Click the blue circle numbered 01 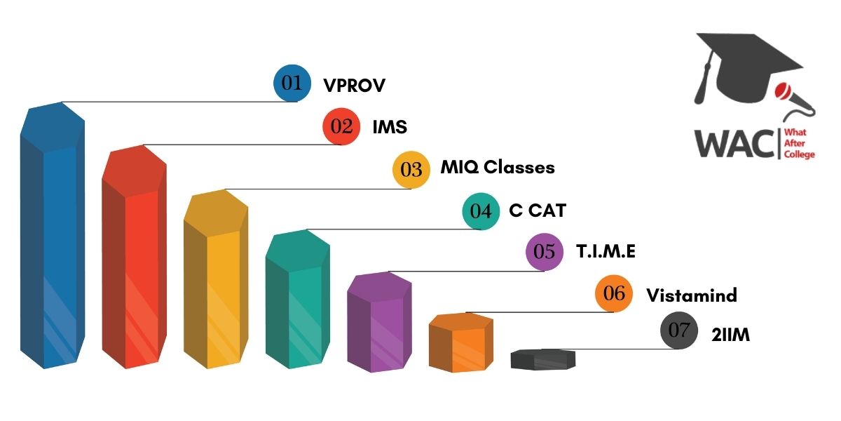click(292, 83)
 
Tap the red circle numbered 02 click(341, 126)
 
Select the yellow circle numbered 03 click(411, 169)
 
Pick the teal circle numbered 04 click(481, 211)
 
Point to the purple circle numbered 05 click(545, 252)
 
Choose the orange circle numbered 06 click(614, 293)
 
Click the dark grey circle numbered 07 click(679, 331)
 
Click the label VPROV click(355, 86)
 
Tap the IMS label click(390, 128)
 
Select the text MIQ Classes click(498, 168)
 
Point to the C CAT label click(537, 210)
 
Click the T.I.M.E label click(606, 251)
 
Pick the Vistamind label click(691, 295)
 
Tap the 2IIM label click(732, 335)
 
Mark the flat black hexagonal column click(542, 359)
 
